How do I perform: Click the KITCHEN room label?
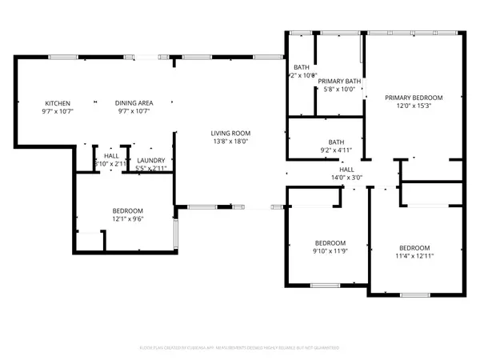58,103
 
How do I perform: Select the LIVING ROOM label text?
230,133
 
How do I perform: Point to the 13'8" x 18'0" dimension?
230,141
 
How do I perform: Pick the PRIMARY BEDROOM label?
414,98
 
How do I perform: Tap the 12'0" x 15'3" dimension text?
414,106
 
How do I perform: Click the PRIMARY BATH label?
339,82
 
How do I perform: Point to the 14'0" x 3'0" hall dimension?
346,178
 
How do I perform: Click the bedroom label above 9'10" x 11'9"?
330,242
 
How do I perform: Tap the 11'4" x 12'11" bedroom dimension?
414,255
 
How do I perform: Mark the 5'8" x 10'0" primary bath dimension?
339,90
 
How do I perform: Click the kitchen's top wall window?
62,57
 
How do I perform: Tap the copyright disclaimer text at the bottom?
240,348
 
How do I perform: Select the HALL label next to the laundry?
111,156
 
